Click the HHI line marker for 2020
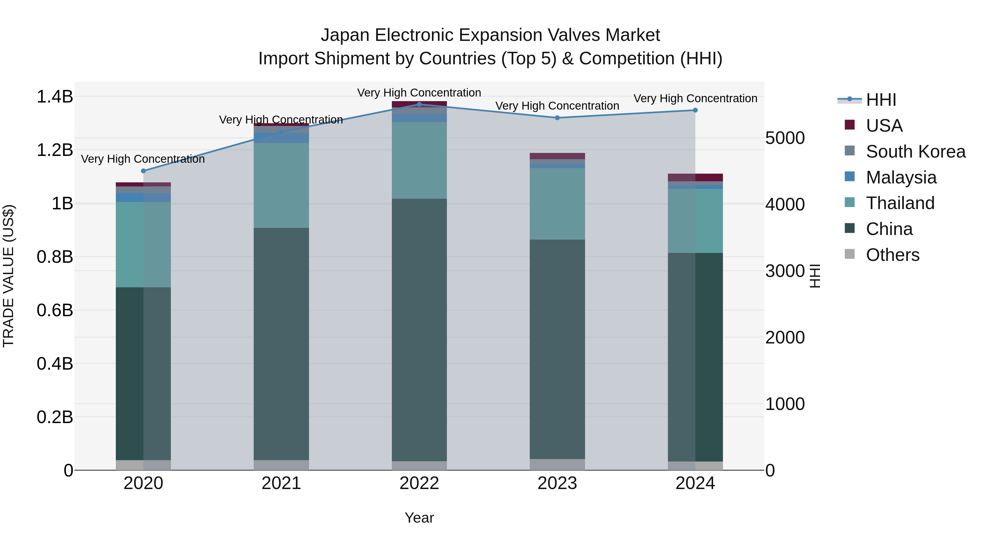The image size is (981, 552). [x=143, y=171]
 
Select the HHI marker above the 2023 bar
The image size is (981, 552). [x=557, y=118]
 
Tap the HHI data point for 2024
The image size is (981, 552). [x=695, y=110]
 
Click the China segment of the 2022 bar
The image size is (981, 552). [x=419, y=330]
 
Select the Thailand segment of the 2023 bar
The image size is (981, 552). [x=557, y=204]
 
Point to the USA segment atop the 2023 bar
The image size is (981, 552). [x=557, y=156]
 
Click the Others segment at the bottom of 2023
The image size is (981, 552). [x=557, y=464]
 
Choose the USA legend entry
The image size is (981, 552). [x=884, y=126]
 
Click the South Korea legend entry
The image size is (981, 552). [x=916, y=152]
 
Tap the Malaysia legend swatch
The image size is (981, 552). [x=850, y=177]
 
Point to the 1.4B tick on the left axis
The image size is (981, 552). [x=55, y=97]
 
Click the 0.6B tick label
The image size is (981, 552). [x=55, y=310]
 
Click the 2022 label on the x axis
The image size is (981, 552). [x=419, y=483]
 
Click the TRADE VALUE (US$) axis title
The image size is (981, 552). [x=8, y=276]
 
